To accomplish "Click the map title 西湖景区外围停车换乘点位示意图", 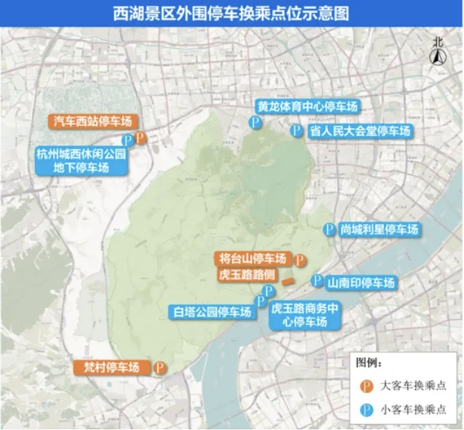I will coord(231,12).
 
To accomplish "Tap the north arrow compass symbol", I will coord(437,52).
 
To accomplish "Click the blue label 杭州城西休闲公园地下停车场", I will coord(81,161).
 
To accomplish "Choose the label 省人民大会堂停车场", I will coord(359,131).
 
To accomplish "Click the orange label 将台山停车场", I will coord(254,258).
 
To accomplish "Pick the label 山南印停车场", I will coord(361,283).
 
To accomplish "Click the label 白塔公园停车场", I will coord(212,313).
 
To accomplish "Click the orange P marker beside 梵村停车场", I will coord(158,368).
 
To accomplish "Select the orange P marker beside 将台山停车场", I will coord(299,259).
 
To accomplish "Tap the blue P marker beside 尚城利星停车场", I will coord(329,228).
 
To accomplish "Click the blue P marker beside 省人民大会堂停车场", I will coord(295,131).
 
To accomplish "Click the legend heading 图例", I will coord(368,362).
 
